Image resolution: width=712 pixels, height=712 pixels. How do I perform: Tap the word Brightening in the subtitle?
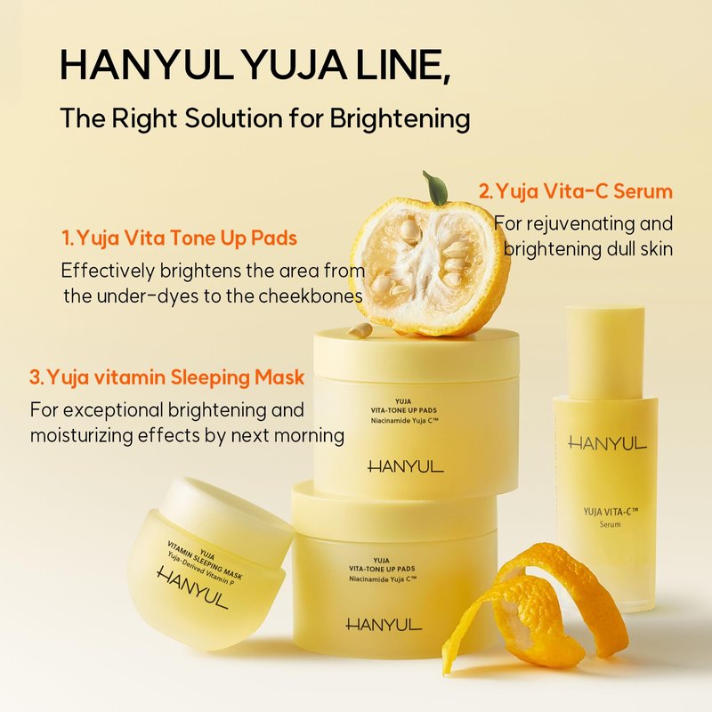pyautogui.click(x=400, y=119)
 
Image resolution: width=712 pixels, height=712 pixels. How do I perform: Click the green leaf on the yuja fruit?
pyautogui.click(x=435, y=187)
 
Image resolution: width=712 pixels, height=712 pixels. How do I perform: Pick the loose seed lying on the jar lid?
pyautogui.click(x=360, y=329)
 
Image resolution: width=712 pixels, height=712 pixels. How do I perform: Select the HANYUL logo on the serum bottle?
pyautogui.click(x=607, y=443)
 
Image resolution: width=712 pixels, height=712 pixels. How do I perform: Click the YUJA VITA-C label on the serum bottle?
pyautogui.click(x=611, y=513)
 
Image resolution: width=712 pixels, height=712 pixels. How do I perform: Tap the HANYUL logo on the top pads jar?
pyautogui.click(x=406, y=466)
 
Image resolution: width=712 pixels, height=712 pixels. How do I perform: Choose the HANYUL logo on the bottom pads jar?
pyautogui.click(x=384, y=625)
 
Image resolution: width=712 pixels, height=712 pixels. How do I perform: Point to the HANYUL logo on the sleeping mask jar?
pyautogui.click(x=192, y=587)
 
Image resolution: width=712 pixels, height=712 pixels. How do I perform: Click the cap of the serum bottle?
pyautogui.click(x=605, y=352)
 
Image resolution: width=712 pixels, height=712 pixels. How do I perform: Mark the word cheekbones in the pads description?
pyautogui.click(x=311, y=296)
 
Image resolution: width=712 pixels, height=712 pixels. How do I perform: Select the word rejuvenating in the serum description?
pyautogui.click(x=581, y=224)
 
